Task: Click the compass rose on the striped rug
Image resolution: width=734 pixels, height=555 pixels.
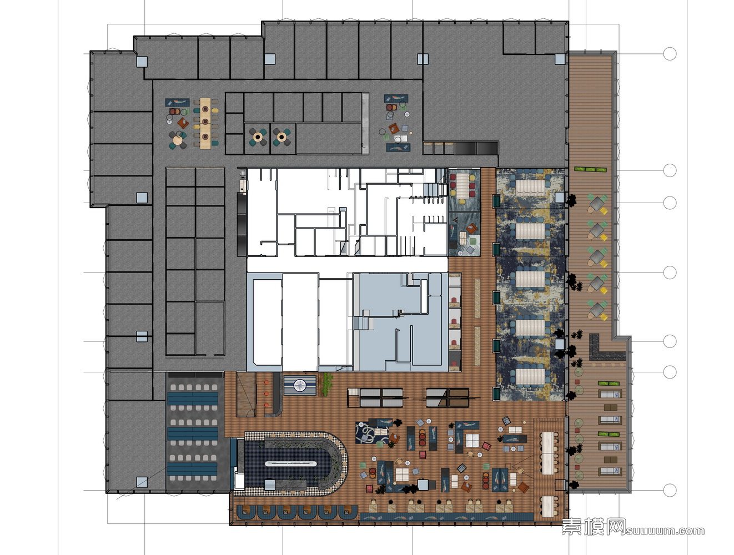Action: click(x=300, y=385)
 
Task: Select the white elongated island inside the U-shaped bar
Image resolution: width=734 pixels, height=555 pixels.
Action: click(x=290, y=463)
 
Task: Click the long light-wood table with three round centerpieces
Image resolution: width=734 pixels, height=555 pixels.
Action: click(x=205, y=123)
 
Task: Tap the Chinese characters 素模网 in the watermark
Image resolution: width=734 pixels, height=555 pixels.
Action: click(x=594, y=527)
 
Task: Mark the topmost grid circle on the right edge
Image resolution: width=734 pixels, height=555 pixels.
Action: click(x=670, y=53)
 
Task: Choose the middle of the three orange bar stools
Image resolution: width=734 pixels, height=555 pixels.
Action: click(x=267, y=393)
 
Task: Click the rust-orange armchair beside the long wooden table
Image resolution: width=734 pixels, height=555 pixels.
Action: click(x=183, y=123)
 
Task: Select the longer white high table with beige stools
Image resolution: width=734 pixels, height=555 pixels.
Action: click(x=547, y=453)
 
